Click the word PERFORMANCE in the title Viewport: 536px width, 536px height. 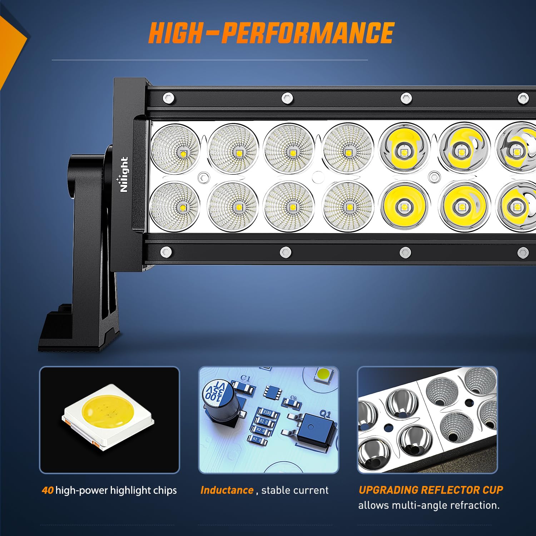click(307, 33)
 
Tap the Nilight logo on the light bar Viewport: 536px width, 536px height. click(124, 174)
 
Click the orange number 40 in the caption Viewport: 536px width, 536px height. click(48, 490)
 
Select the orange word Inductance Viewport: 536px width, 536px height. click(227, 490)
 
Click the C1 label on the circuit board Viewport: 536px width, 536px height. click(245, 378)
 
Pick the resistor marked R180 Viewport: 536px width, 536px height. click(267, 413)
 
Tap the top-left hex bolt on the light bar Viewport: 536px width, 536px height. click(168, 97)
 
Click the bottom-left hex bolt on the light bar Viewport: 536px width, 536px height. click(166, 252)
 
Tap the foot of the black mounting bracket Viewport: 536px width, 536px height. click(79, 332)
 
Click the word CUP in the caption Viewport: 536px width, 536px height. click(493, 490)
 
